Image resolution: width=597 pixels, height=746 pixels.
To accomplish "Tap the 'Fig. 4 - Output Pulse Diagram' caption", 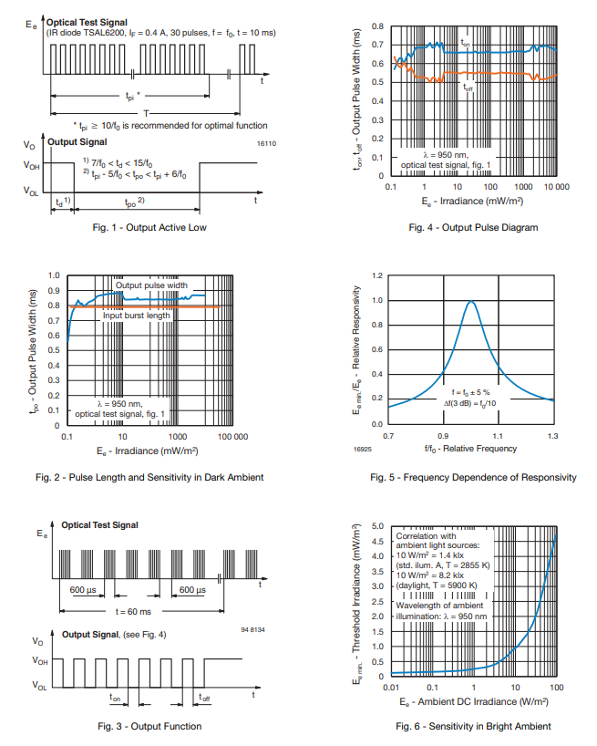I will (473, 227).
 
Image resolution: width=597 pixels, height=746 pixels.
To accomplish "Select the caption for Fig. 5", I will (473, 477).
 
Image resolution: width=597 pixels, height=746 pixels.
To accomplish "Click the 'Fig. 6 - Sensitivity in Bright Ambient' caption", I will (473, 726).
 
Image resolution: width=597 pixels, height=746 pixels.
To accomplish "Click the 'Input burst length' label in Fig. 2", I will (137, 316).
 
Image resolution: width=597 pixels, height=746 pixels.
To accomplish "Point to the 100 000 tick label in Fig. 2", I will (230, 437).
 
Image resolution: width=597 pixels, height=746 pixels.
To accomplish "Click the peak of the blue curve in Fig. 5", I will (471, 302).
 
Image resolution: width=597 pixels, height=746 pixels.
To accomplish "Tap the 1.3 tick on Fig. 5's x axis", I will (553, 437).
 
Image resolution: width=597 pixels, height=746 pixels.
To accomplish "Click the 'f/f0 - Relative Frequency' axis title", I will (470, 449).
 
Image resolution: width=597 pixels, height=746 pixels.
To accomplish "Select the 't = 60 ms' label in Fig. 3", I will (136, 610).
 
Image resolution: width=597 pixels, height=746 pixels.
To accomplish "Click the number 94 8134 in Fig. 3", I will (252, 630).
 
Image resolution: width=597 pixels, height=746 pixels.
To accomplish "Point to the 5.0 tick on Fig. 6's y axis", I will (378, 527).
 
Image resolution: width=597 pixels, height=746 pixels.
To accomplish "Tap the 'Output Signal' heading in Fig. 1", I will (77, 142).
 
